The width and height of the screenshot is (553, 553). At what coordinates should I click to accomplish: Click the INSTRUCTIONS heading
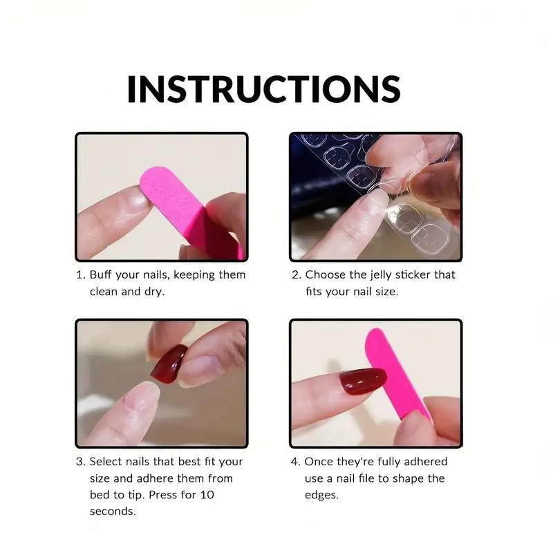tap(264, 89)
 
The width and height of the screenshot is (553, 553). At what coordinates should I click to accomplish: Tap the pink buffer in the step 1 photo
tap(191, 212)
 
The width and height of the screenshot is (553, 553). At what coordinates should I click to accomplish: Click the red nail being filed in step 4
tap(362, 381)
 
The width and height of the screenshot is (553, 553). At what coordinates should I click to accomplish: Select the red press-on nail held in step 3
tap(169, 364)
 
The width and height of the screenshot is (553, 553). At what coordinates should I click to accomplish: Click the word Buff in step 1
tap(100, 274)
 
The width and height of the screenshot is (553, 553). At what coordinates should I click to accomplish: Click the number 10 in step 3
tap(207, 495)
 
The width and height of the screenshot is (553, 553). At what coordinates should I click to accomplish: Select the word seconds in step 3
tap(113, 512)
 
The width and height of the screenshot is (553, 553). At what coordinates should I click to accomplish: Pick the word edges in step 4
tap(321, 496)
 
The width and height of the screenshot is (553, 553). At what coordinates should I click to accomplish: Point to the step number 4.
tap(295, 462)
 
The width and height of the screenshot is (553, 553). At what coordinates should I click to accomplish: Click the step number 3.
tap(80, 462)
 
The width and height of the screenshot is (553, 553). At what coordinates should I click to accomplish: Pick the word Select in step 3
tap(106, 461)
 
